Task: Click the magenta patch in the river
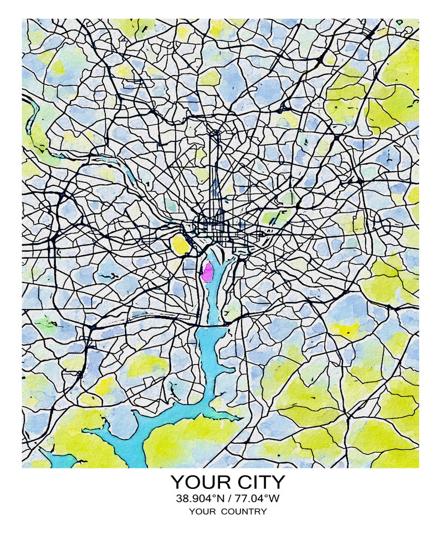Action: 207,272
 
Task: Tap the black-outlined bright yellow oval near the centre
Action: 181,244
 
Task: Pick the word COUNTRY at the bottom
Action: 244,512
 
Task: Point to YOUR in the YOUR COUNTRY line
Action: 203,512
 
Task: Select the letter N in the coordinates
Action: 221,498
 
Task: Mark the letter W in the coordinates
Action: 274,498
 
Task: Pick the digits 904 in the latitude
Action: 204,498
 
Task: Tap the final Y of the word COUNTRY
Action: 263,512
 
